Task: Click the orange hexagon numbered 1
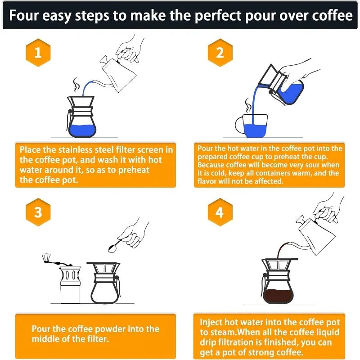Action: [x=38, y=53]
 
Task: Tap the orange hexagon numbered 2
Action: [x=220, y=53]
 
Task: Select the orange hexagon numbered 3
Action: [x=38, y=212]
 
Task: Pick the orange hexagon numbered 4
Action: [x=220, y=212]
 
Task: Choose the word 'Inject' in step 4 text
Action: [x=212, y=322]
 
